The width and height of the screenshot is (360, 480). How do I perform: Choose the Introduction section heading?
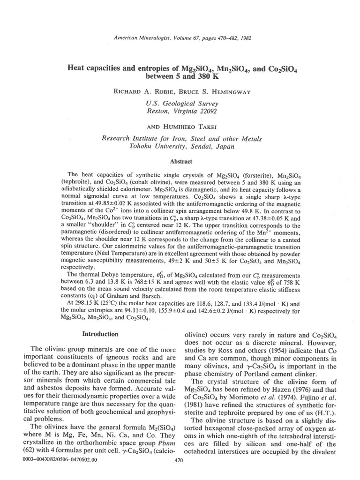tap(100, 334)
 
